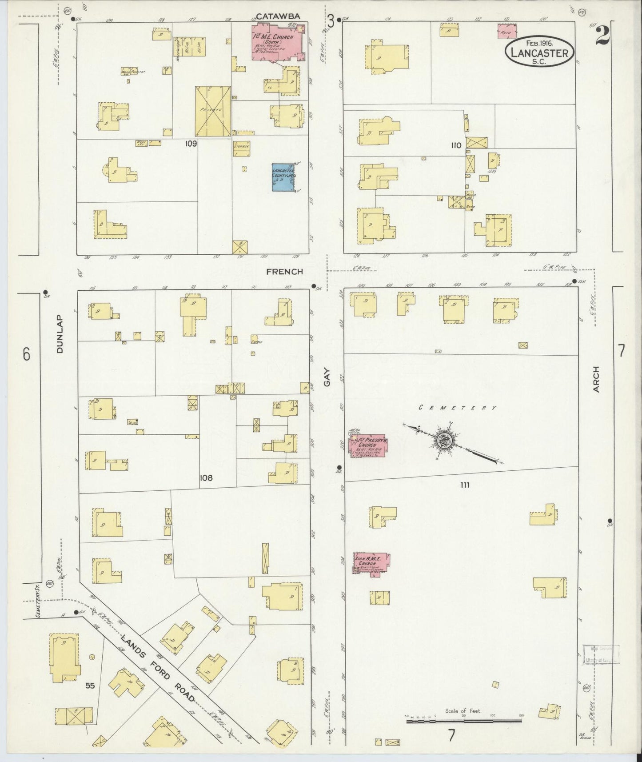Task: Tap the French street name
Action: pos(285,271)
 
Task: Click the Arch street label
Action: pos(596,379)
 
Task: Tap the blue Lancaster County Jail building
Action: pos(283,177)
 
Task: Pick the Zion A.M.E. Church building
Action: pos(371,564)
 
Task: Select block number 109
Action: pos(191,144)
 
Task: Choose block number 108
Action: pos(206,478)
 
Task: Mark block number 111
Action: pos(465,485)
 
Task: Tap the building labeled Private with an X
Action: pos(213,111)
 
